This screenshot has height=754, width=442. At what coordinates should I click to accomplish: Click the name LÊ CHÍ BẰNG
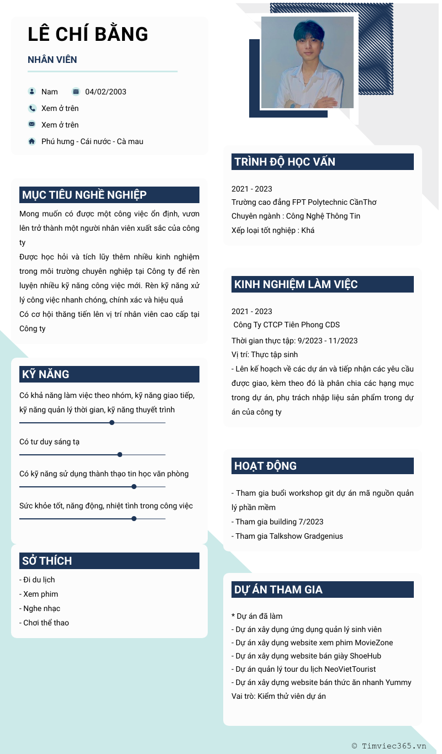(88, 34)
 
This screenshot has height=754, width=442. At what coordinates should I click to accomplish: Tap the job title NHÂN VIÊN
(52, 60)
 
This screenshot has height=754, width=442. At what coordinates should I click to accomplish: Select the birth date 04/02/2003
(106, 92)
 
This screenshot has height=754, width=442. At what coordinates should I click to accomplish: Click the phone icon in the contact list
(32, 108)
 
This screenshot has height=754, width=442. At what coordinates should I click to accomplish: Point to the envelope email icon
(32, 125)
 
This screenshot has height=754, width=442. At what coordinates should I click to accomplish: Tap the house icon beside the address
(32, 141)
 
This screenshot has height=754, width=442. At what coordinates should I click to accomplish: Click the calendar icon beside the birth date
(76, 92)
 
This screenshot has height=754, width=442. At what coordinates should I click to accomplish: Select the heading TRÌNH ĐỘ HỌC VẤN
(285, 162)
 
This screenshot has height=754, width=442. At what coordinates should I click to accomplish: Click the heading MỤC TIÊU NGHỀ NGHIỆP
(84, 195)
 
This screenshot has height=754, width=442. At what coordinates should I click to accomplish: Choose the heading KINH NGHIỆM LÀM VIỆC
(296, 284)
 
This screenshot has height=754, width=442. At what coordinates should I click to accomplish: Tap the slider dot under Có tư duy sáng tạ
(120, 455)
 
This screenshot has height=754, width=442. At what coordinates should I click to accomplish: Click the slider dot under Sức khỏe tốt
(134, 519)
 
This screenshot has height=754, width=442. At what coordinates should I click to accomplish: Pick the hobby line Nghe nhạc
(41, 608)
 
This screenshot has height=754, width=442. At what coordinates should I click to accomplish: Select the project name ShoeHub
(365, 656)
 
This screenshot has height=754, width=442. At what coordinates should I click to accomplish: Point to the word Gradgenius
(321, 536)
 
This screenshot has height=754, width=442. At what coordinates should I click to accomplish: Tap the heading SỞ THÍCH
(47, 561)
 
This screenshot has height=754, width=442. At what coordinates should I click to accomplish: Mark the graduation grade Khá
(308, 230)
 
